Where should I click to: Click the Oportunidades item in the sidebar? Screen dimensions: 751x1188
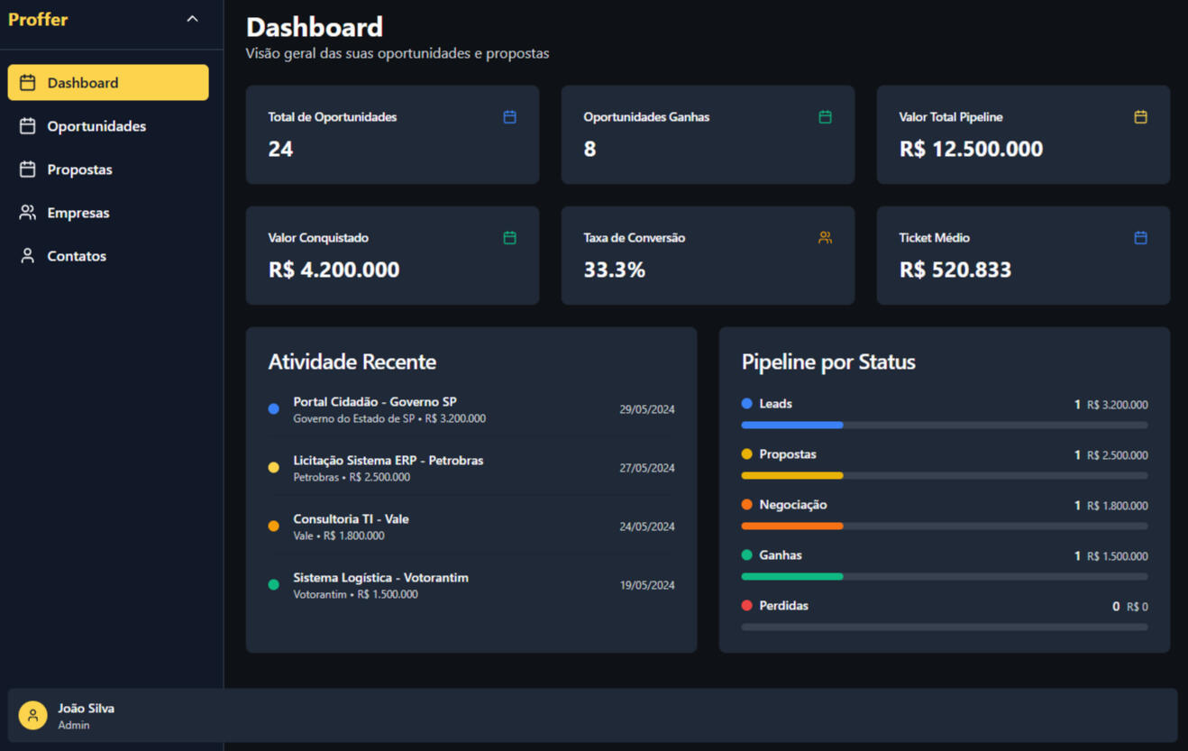click(x=96, y=126)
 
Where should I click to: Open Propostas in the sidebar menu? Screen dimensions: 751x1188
click(x=79, y=169)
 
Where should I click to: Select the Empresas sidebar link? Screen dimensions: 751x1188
click(x=78, y=213)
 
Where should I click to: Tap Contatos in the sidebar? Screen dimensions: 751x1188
click(x=76, y=256)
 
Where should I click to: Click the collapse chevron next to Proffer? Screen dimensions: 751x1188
click(x=192, y=19)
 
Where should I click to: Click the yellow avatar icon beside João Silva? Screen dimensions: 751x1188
click(x=33, y=716)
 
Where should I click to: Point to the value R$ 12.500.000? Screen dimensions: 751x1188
click(x=971, y=149)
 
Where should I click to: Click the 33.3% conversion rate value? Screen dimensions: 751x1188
click(x=614, y=270)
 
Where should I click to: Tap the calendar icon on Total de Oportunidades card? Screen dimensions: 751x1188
click(x=509, y=117)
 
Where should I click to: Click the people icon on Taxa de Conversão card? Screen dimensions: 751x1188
click(x=825, y=238)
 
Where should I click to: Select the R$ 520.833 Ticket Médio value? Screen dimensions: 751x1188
click(x=955, y=270)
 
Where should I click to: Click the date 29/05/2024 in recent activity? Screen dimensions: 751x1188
click(x=646, y=409)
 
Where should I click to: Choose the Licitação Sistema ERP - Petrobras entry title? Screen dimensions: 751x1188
click(x=388, y=461)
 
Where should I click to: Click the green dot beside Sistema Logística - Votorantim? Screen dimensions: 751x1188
click(x=274, y=585)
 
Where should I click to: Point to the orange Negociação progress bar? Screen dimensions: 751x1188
click(x=792, y=526)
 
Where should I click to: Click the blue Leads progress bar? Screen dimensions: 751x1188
click(x=792, y=425)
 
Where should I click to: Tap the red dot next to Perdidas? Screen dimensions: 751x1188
click(x=746, y=606)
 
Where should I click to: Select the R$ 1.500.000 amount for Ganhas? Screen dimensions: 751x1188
click(x=1117, y=556)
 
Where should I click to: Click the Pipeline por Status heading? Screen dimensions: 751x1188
click(x=827, y=362)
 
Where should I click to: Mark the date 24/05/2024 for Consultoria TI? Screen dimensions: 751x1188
click(x=646, y=527)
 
